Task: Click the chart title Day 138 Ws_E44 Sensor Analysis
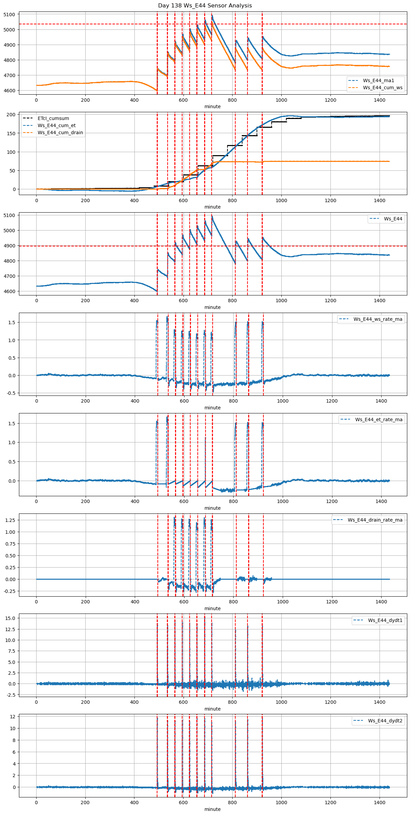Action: pyautogui.click(x=205, y=6)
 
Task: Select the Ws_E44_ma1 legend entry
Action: pyautogui.click(x=378, y=80)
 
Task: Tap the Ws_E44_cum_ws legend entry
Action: pyautogui.click(x=383, y=88)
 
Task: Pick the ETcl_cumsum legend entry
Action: pyautogui.click(x=53, y=118)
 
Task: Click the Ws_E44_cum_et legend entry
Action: pyautogui.click(x=57, y=125)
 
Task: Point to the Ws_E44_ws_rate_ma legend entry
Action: pyautogui.click(x=378, y=319)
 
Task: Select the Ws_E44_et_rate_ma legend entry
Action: pyautogui.click(x=379, y=420)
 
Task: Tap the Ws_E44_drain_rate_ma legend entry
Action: pyautogui.click(x=375, y=520)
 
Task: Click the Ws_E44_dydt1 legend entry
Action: pyautogui.click(x=385, y=620)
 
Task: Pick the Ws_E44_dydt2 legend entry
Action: pyautogui.click(x=385, y=721)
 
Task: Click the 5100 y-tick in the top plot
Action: pyautogui.click(x=9, y=15)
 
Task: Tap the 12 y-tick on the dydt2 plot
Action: pyautogui.click(x=13, y=717)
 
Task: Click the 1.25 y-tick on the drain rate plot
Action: pyautogui.click(x=10, y=520)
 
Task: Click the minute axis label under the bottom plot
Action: pyautogui.click(x=212, y=809)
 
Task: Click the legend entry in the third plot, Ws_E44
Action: pyautogui.click(x=393, y=219)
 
